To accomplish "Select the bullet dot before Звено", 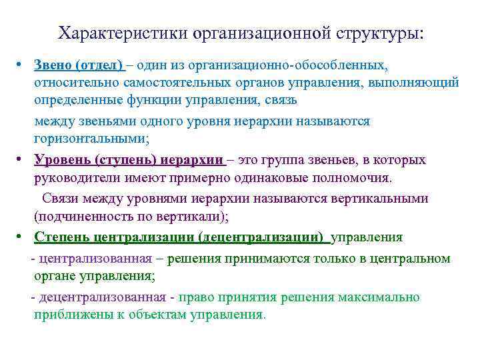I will pyautogui.click(x=22, y=65).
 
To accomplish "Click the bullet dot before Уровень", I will pyautogui.click(x=22, y=160).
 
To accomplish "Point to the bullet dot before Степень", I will pyautogui.click(x=22, y=237).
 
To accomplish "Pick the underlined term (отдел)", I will pyautogui.click(x=99, y=65).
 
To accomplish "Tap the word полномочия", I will pyautogui.click(x=355, y=178).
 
